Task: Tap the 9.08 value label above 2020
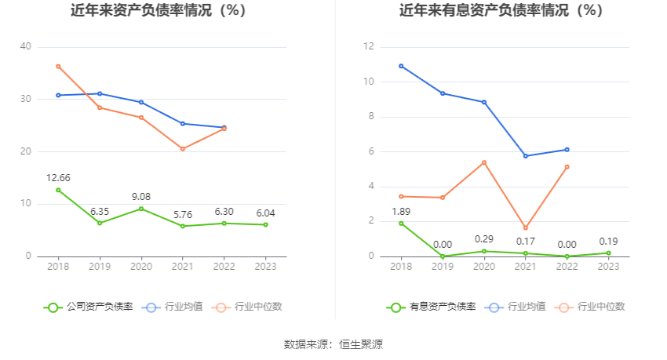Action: coord(141,196)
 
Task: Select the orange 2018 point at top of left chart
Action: coord(58,66)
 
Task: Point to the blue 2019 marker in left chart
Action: coord(100,93)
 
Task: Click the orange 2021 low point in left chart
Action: coord(183,149)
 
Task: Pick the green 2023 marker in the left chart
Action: coord(266,224)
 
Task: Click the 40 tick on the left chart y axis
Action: coord(26,47)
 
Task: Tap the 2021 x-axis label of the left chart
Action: coord(183,267)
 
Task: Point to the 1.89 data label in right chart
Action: coord(401,211)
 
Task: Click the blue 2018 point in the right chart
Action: coord(401,66)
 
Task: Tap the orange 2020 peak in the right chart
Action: coord(484,162)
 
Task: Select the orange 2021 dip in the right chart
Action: coord(526,228)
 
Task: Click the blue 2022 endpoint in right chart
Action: coord(567,150)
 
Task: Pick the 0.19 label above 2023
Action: coord(609,242)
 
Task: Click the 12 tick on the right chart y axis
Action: coord(369,47)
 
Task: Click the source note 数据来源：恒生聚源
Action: coord(333,344)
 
